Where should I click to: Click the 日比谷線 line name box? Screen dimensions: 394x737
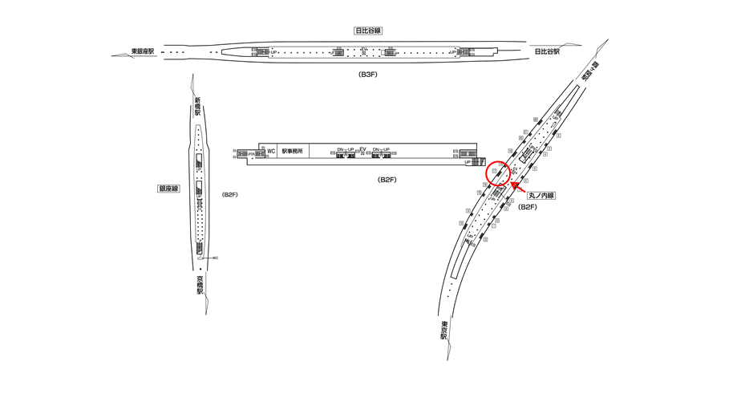(368, 30)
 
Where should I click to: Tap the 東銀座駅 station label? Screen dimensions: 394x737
(146, 52)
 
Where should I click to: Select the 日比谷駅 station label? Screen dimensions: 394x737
(547, 52)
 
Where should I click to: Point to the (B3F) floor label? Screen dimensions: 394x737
(368, 74)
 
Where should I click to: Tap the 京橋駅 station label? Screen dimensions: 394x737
(199, 285)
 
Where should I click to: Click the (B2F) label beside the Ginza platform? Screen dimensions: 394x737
(230, 195)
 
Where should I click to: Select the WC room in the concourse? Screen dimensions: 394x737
(271, 151)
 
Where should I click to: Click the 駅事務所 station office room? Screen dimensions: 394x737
(293, 151)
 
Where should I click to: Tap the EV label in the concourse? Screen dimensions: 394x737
(362, 149)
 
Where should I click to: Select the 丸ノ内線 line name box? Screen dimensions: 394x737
(542, 195)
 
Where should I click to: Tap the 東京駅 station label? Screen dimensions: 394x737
(443, 330)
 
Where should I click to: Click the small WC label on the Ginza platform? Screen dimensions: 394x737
(215, 258)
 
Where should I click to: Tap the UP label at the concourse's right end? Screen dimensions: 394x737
(468, 162)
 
